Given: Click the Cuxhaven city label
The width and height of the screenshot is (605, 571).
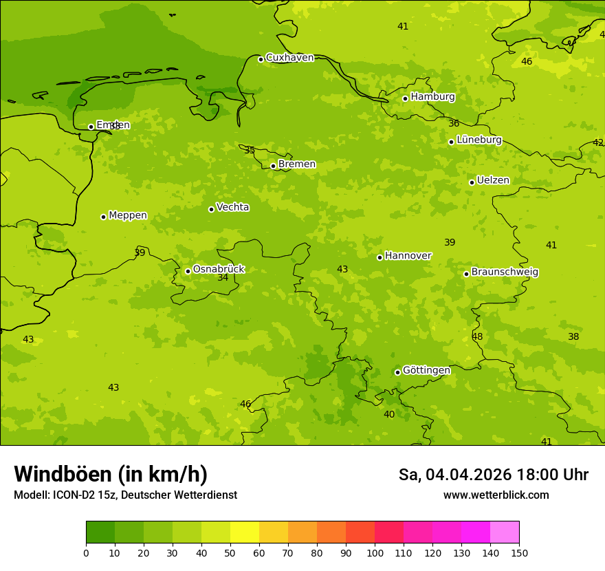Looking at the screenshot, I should tap(289, 58).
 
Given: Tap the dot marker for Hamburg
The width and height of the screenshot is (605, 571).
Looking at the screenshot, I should tap(405, 98).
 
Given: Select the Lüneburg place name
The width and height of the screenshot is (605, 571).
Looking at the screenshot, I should tap(478, 140).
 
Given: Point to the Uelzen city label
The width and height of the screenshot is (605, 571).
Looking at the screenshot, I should tap(493, 180).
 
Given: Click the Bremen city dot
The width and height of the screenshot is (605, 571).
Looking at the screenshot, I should tap(273, 166).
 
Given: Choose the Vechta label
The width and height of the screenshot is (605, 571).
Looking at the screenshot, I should tap(232, 207).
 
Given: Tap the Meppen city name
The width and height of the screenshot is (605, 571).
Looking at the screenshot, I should tap(127, 215).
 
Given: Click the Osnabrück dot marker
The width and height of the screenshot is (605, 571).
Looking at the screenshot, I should tap(188, 271).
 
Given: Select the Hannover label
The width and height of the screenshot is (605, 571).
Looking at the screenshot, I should tap(408, 256).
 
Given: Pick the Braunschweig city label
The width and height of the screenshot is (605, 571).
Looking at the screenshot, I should tap(505, 272).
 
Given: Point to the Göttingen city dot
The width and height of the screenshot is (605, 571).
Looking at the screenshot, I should tap(397, 372).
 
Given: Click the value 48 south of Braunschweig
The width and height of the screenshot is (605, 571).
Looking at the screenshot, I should tap(477, 336).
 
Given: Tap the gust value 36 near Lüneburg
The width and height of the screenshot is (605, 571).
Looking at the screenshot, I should tap(454, 123).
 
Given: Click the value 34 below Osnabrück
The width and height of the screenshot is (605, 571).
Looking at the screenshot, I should tap(223, 277).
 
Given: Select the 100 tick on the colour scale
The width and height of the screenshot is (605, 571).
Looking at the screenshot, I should tap(375, 552).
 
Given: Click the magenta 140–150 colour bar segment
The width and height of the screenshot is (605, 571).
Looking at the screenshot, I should tap(505, 532).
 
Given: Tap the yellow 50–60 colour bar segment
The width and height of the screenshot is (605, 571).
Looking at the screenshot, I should tap(245, 532).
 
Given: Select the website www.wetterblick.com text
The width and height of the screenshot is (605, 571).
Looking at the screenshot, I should tap(496, 495).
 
